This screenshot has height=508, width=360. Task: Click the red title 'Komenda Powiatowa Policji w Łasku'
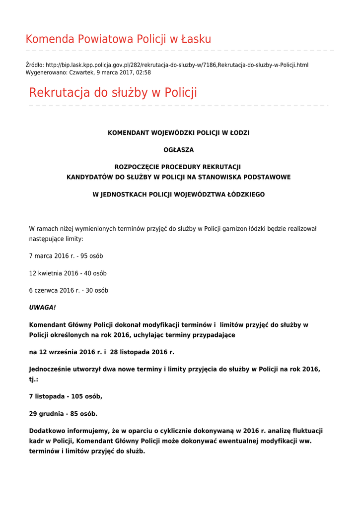coord(118,39)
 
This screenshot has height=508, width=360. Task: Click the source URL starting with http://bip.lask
coord(177,65)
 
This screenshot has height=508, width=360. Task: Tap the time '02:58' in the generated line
coord(144,72)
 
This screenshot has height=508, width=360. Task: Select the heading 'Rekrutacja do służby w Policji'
coord(113,93)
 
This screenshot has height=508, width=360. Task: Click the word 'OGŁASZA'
coord(179,150)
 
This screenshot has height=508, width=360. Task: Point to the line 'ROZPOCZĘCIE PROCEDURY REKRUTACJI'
coord(178,167)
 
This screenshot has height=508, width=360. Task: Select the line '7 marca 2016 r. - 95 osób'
coord(66,256)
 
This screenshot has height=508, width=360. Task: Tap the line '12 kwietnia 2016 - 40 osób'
coord(68,273)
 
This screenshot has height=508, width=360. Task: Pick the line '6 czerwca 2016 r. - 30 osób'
coord(69,290)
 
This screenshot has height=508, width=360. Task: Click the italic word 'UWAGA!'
coord(42,308)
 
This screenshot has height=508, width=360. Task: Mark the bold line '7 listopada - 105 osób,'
coord(66,396)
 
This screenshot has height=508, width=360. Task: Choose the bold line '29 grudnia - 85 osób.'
coord(63,414)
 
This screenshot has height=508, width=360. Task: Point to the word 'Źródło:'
coord(35,65)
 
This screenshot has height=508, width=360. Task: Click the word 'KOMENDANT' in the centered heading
coord(126,133)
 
